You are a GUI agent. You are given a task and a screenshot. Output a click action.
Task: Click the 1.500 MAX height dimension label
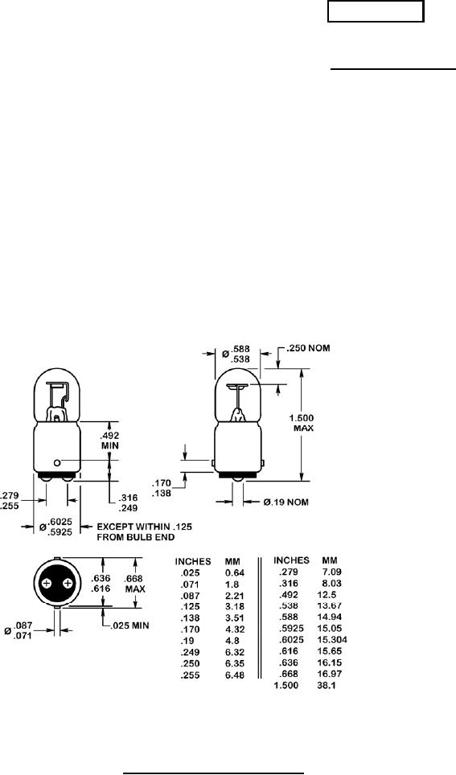point(302,423)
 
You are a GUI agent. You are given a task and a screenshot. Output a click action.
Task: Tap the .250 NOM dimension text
point(306,348)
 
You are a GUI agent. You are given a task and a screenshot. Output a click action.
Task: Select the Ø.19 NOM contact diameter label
point(286,502)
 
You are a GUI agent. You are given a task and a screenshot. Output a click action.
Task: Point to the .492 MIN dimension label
point(108,441)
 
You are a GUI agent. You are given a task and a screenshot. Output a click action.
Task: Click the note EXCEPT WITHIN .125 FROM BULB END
point(145,531)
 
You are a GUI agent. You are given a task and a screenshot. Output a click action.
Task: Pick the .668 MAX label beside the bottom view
point(135,584)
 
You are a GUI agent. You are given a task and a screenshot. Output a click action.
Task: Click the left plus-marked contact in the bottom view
point(47,584)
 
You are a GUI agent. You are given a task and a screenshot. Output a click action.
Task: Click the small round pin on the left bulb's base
point(57,462)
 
